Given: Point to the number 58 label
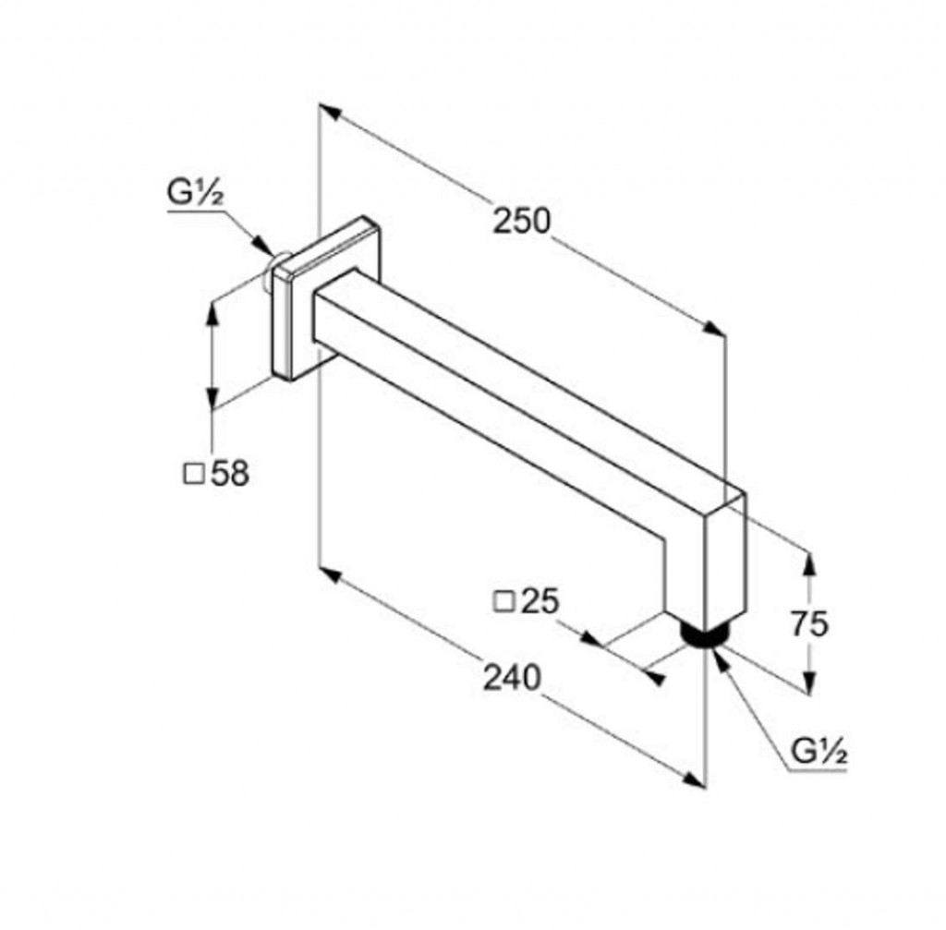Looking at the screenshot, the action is [230, 474].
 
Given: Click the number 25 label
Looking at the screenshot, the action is [540, 601].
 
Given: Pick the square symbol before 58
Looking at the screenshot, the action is [194, 475].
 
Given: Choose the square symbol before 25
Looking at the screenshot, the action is [503, 602].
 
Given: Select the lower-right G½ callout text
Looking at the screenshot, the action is [819, 752].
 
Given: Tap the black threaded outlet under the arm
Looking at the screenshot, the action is [704, 635].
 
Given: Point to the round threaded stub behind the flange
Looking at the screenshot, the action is [277, 267].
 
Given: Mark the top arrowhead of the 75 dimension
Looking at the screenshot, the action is [809, 564].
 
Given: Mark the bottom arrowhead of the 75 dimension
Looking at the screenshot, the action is [809, 682].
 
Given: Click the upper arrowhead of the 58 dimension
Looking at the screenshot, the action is [212, 313].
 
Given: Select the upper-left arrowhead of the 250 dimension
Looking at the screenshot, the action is [331, 112].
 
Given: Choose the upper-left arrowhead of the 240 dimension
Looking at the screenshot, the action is [331, 575].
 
